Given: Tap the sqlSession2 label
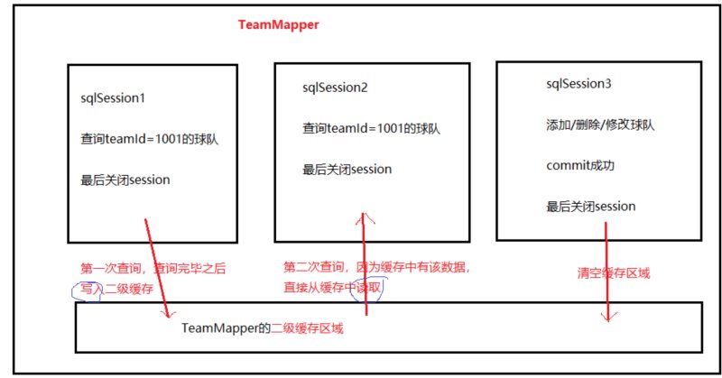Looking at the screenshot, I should coord(334,88).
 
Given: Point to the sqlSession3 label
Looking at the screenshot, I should coord(579,84).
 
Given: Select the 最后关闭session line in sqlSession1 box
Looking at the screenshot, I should coord(125,180).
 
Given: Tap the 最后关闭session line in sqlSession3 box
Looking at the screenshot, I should coord(590,207).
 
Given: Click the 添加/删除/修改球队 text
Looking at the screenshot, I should coord(600,124).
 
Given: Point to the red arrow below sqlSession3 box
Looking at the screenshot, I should coord(606,271).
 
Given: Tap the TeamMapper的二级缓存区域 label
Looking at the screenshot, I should coord(263,329).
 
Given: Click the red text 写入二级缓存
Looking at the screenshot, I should coord(115,289).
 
